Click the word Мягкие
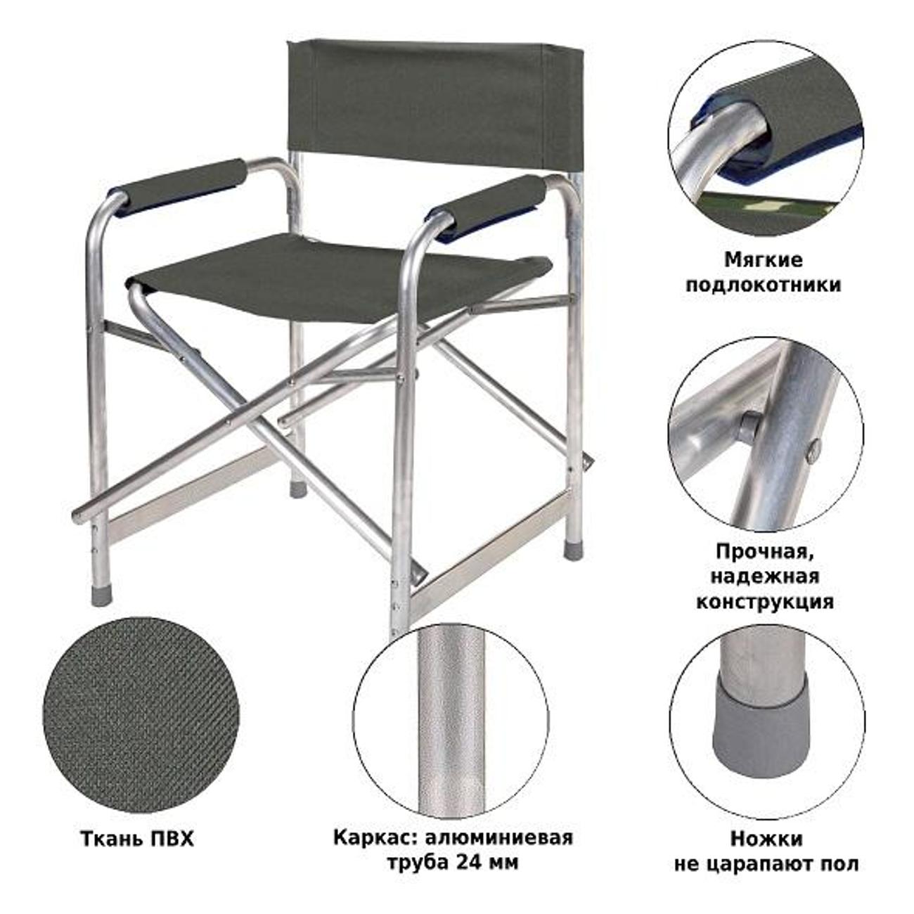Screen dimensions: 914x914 tap(763, 260)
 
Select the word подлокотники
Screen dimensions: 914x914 tap(764, 285)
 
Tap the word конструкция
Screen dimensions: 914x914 tap(764, 602)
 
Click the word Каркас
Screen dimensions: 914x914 tap(374, 837)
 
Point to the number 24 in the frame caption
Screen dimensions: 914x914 tap(469, 862)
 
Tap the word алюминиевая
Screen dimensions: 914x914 tap(499, 838)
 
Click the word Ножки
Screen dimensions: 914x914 tap(767, 839)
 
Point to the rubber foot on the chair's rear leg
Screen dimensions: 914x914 tap(298, 489)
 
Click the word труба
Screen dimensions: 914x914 tap(419, 862)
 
